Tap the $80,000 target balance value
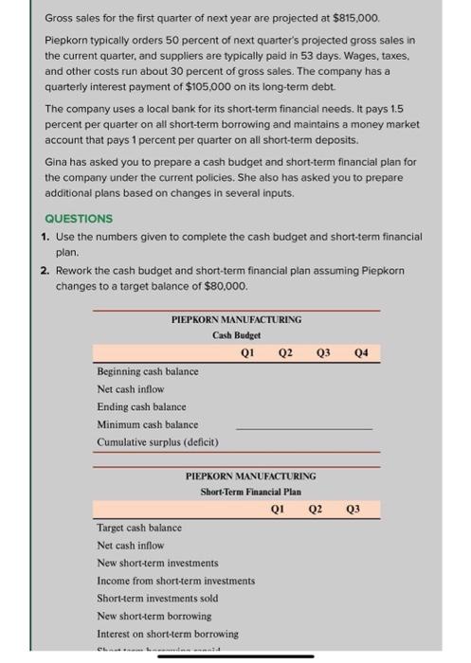click(x=224, y=284)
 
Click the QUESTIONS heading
click(x=78, y=218)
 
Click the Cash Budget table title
click(x=237, y=334)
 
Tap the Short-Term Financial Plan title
click(x=250, y=491)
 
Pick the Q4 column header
click(x=360, y=351)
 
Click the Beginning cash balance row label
click(x=148, y=371)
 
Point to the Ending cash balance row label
click(x=141, y=406)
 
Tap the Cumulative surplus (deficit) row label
click(x=157, y=442)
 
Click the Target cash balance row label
click(x=139, y=528)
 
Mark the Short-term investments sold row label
click(x=156, y=598)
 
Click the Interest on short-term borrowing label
click(x=168, y=633)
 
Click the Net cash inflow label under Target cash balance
click(x=130, y=545)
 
